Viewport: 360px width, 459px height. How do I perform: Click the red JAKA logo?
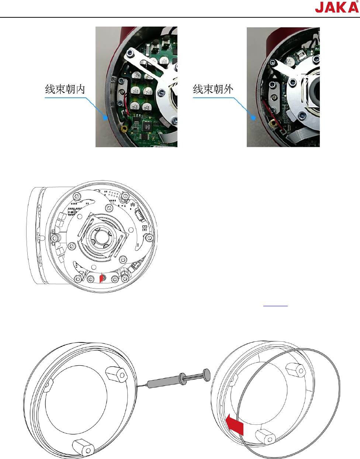point(336,7)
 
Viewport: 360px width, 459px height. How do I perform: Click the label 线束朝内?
point(65,89)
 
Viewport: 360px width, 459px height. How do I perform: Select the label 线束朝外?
point(213,89)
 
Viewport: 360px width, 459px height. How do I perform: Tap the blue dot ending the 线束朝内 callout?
point(106,118)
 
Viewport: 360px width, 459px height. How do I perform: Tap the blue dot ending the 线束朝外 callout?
point(253,118)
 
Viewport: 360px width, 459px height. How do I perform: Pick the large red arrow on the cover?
point(235,424)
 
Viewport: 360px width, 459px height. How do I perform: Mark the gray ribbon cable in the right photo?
point(302,138)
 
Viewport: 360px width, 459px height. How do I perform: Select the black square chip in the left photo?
point(148,125)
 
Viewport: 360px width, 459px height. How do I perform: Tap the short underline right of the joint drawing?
point(275,306)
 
